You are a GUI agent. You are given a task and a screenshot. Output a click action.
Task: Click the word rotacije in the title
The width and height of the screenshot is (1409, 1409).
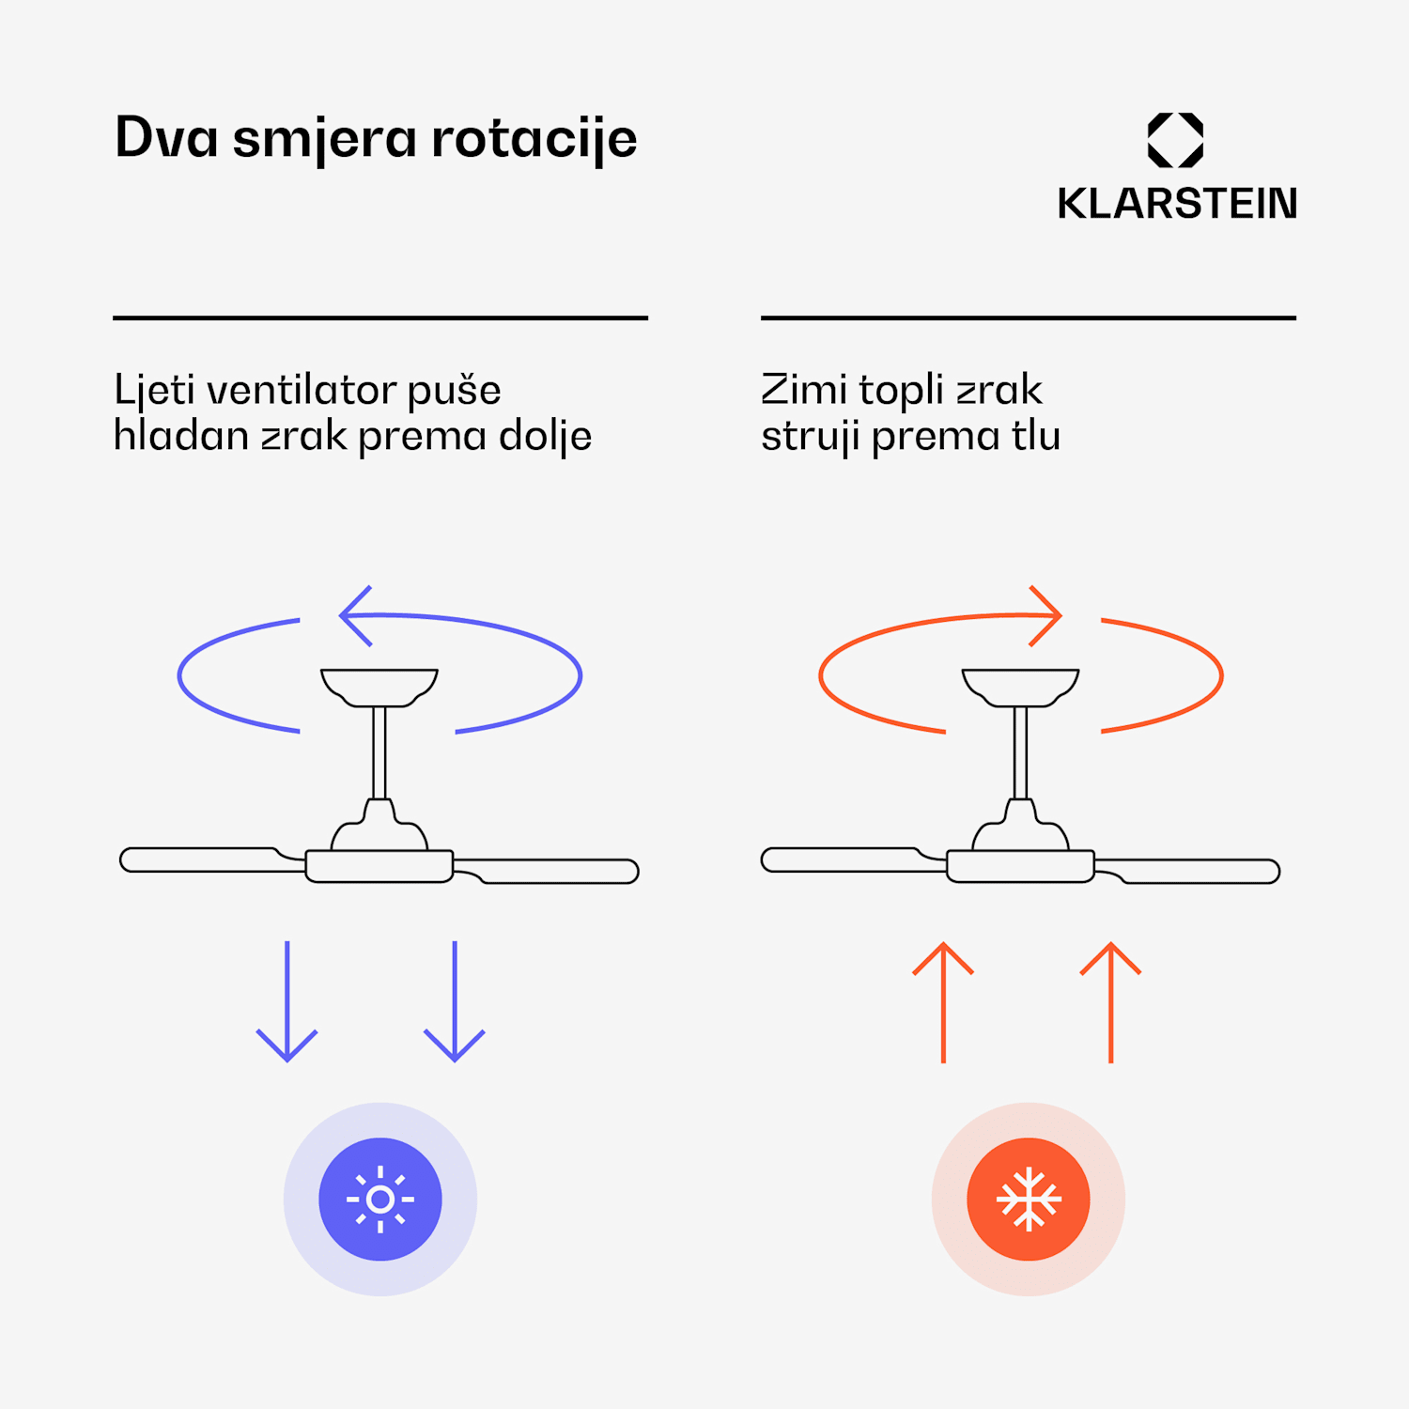pyautogui.click(x=534, y=139)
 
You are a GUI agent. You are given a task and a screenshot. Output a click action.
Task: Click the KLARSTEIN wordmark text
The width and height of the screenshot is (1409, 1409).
pyautogui.click(x=1176, y=204)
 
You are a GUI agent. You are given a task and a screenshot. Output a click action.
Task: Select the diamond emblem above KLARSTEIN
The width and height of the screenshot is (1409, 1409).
pyautogui.click(x=1175, y=140)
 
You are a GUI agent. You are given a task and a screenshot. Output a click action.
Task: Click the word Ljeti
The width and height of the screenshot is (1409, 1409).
pyautogui.click(x=154, y=390)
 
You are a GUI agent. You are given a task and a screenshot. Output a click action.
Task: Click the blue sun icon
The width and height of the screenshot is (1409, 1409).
pyautogui.click(x=380, y=1200)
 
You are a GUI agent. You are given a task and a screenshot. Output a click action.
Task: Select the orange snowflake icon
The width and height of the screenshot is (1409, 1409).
pyautogui.click(x=1029, y=1200)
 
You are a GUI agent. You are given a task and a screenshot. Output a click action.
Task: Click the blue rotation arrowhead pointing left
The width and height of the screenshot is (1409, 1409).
pyautogui.click(x=354, y=616)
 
